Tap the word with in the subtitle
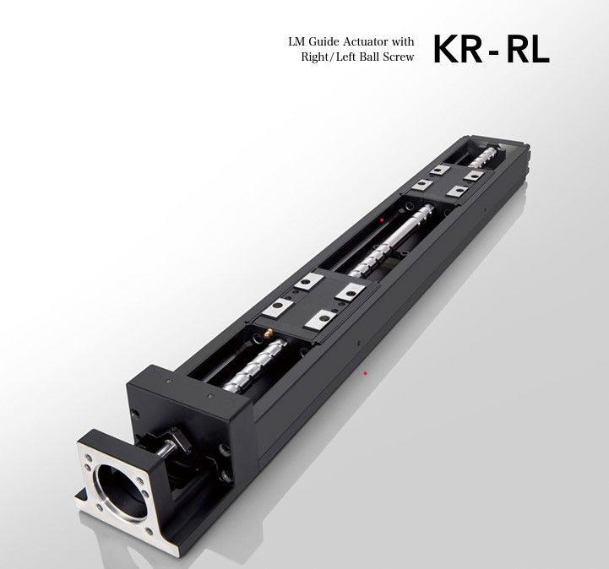404,41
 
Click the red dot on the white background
365,372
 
